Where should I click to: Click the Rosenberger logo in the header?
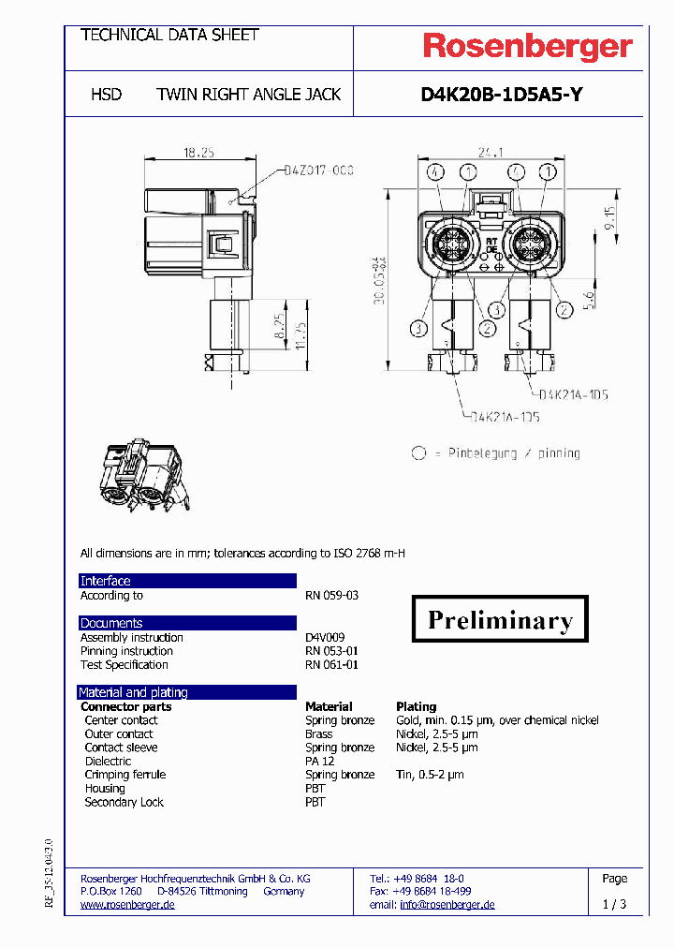coord(528,47)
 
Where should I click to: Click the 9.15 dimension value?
coord(609,217)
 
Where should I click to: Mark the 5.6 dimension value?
coord(589,301)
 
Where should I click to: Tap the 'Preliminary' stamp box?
coord(500,619)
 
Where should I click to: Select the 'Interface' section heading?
coord(106,581)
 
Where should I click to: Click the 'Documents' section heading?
coord(111,623)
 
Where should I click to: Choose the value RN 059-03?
coord(331,596)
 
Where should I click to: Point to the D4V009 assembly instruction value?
coord(325,638)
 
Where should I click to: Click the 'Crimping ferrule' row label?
coord(125,775)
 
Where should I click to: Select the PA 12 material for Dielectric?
coord(319,762)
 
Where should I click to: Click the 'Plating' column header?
coord(416,706)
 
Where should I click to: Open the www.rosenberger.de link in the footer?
coord(127,905)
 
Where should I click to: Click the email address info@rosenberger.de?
coord(447,905)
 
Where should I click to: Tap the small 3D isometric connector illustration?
coord(145,476)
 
